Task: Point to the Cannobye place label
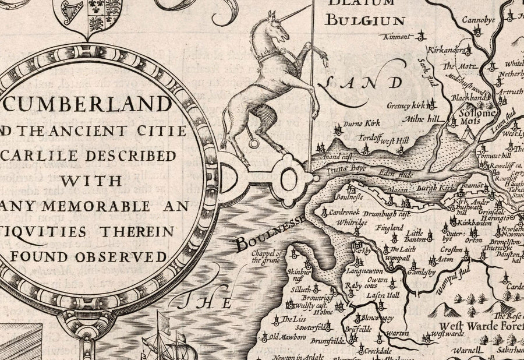478,21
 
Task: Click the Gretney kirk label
406,106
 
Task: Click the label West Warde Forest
478,326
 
